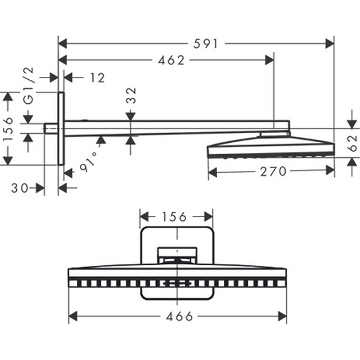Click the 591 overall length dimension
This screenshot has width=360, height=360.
205,44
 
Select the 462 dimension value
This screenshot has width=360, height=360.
171,60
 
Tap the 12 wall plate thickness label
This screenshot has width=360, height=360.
98,78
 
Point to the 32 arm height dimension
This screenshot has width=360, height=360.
131,95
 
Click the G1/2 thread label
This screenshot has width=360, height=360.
29,86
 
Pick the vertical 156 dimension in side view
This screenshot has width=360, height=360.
8,128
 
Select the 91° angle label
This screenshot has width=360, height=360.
89,161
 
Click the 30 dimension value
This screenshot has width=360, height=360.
20,188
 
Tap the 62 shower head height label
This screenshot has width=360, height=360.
352,143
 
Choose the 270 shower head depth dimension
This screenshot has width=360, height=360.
273,171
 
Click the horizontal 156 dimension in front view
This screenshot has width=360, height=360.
175,217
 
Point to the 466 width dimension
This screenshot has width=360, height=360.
179,317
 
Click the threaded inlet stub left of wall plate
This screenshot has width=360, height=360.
51,128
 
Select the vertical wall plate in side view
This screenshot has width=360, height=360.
61,128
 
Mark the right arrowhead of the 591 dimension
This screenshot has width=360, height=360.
329,44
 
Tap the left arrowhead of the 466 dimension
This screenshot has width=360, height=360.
73,316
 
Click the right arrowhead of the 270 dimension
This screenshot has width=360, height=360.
330,170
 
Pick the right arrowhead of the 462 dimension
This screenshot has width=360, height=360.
269,60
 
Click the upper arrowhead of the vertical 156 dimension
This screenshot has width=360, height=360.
8,97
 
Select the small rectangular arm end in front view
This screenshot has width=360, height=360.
177,256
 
